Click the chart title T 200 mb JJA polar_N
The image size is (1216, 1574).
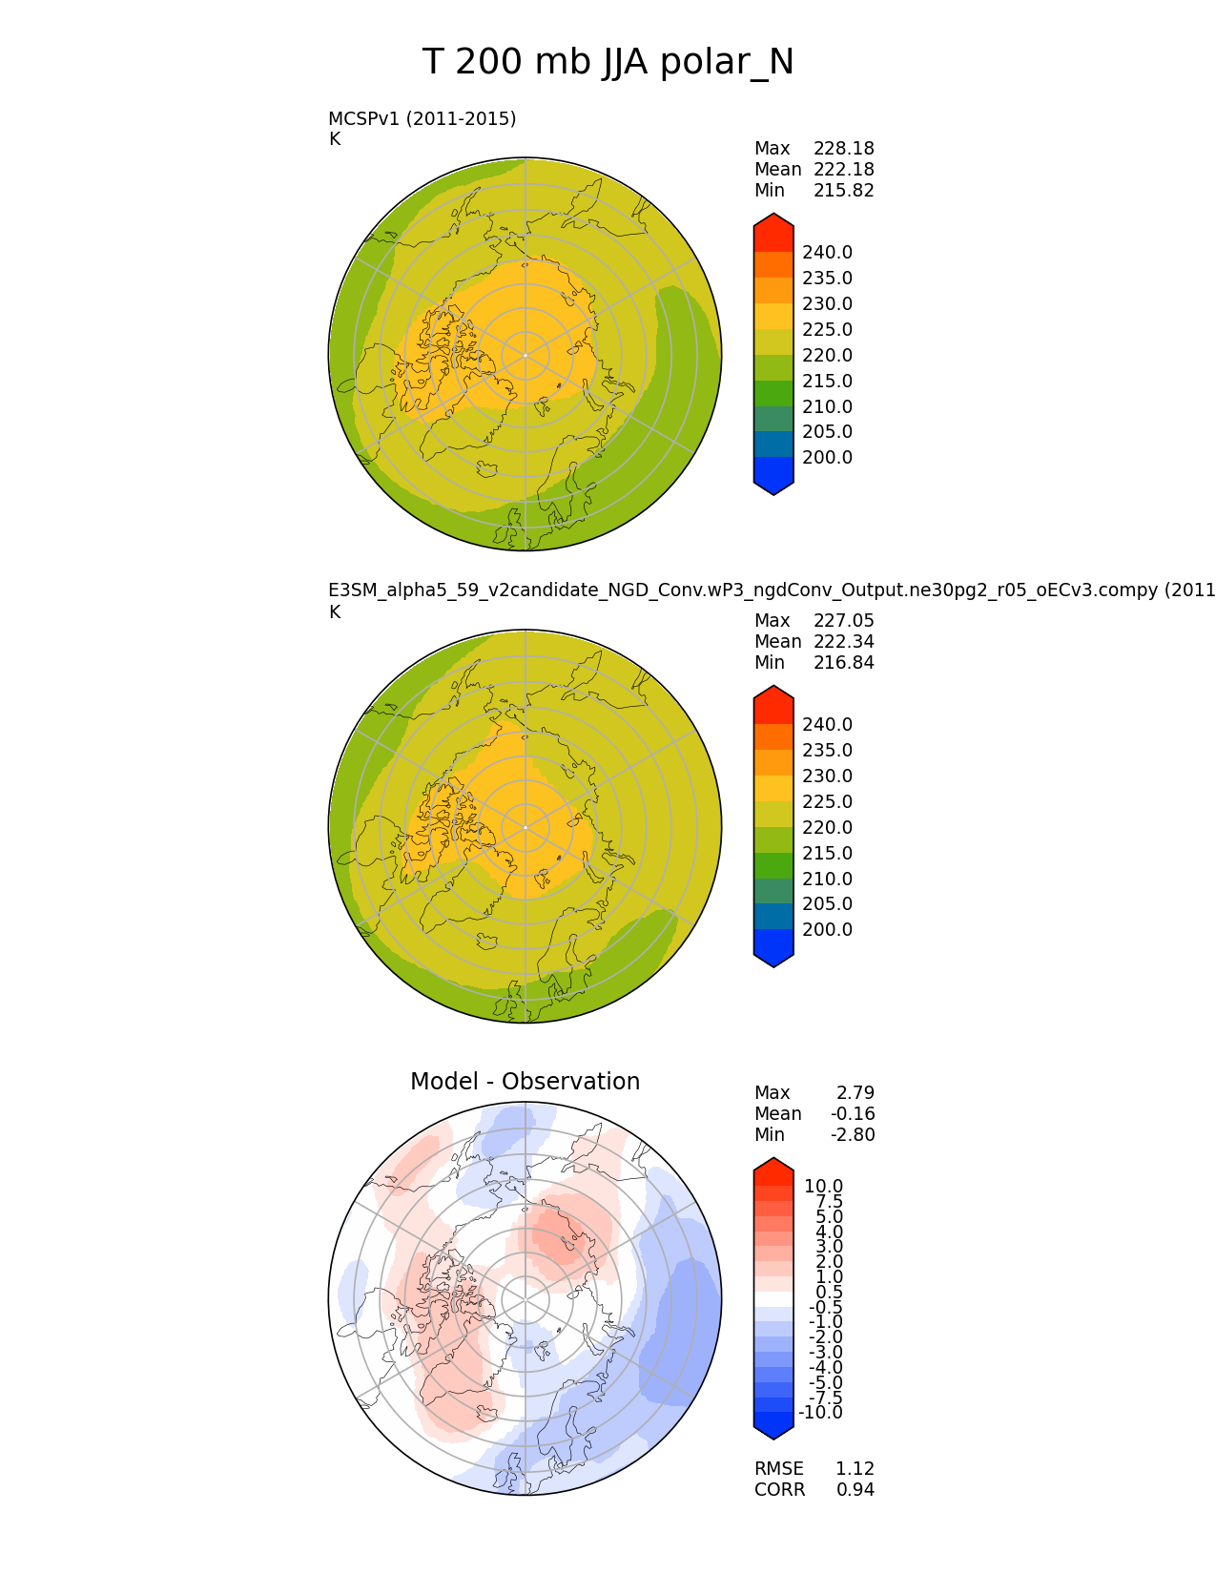pos(608,63)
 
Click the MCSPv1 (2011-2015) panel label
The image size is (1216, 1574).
pos(422,118)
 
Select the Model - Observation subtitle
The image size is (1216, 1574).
pos(525,1082)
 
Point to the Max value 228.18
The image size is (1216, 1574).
pos(843,149)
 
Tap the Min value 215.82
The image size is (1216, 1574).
pos(843,191)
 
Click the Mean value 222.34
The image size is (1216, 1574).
pos(843,642)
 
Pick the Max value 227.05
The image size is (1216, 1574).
pos(843,621)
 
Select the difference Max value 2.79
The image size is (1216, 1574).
pos(855,1093)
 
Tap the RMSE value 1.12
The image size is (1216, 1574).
pos(855,1469)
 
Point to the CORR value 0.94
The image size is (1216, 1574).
pos(855,1490)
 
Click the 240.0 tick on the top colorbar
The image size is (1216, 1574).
pos(827,253)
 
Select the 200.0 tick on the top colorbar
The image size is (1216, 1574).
pos(827,458)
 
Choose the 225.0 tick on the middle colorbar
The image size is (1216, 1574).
pos(827,802)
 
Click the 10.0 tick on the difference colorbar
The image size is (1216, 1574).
pos(823,1187)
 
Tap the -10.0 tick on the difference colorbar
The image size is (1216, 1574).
pos(820,1413)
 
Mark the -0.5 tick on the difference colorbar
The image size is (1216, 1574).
pos(823,1308)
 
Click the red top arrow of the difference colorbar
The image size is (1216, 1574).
pos(773,1170)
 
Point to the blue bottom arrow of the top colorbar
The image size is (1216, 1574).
pos(773,485)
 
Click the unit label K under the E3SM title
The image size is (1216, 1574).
pos(335,612)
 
